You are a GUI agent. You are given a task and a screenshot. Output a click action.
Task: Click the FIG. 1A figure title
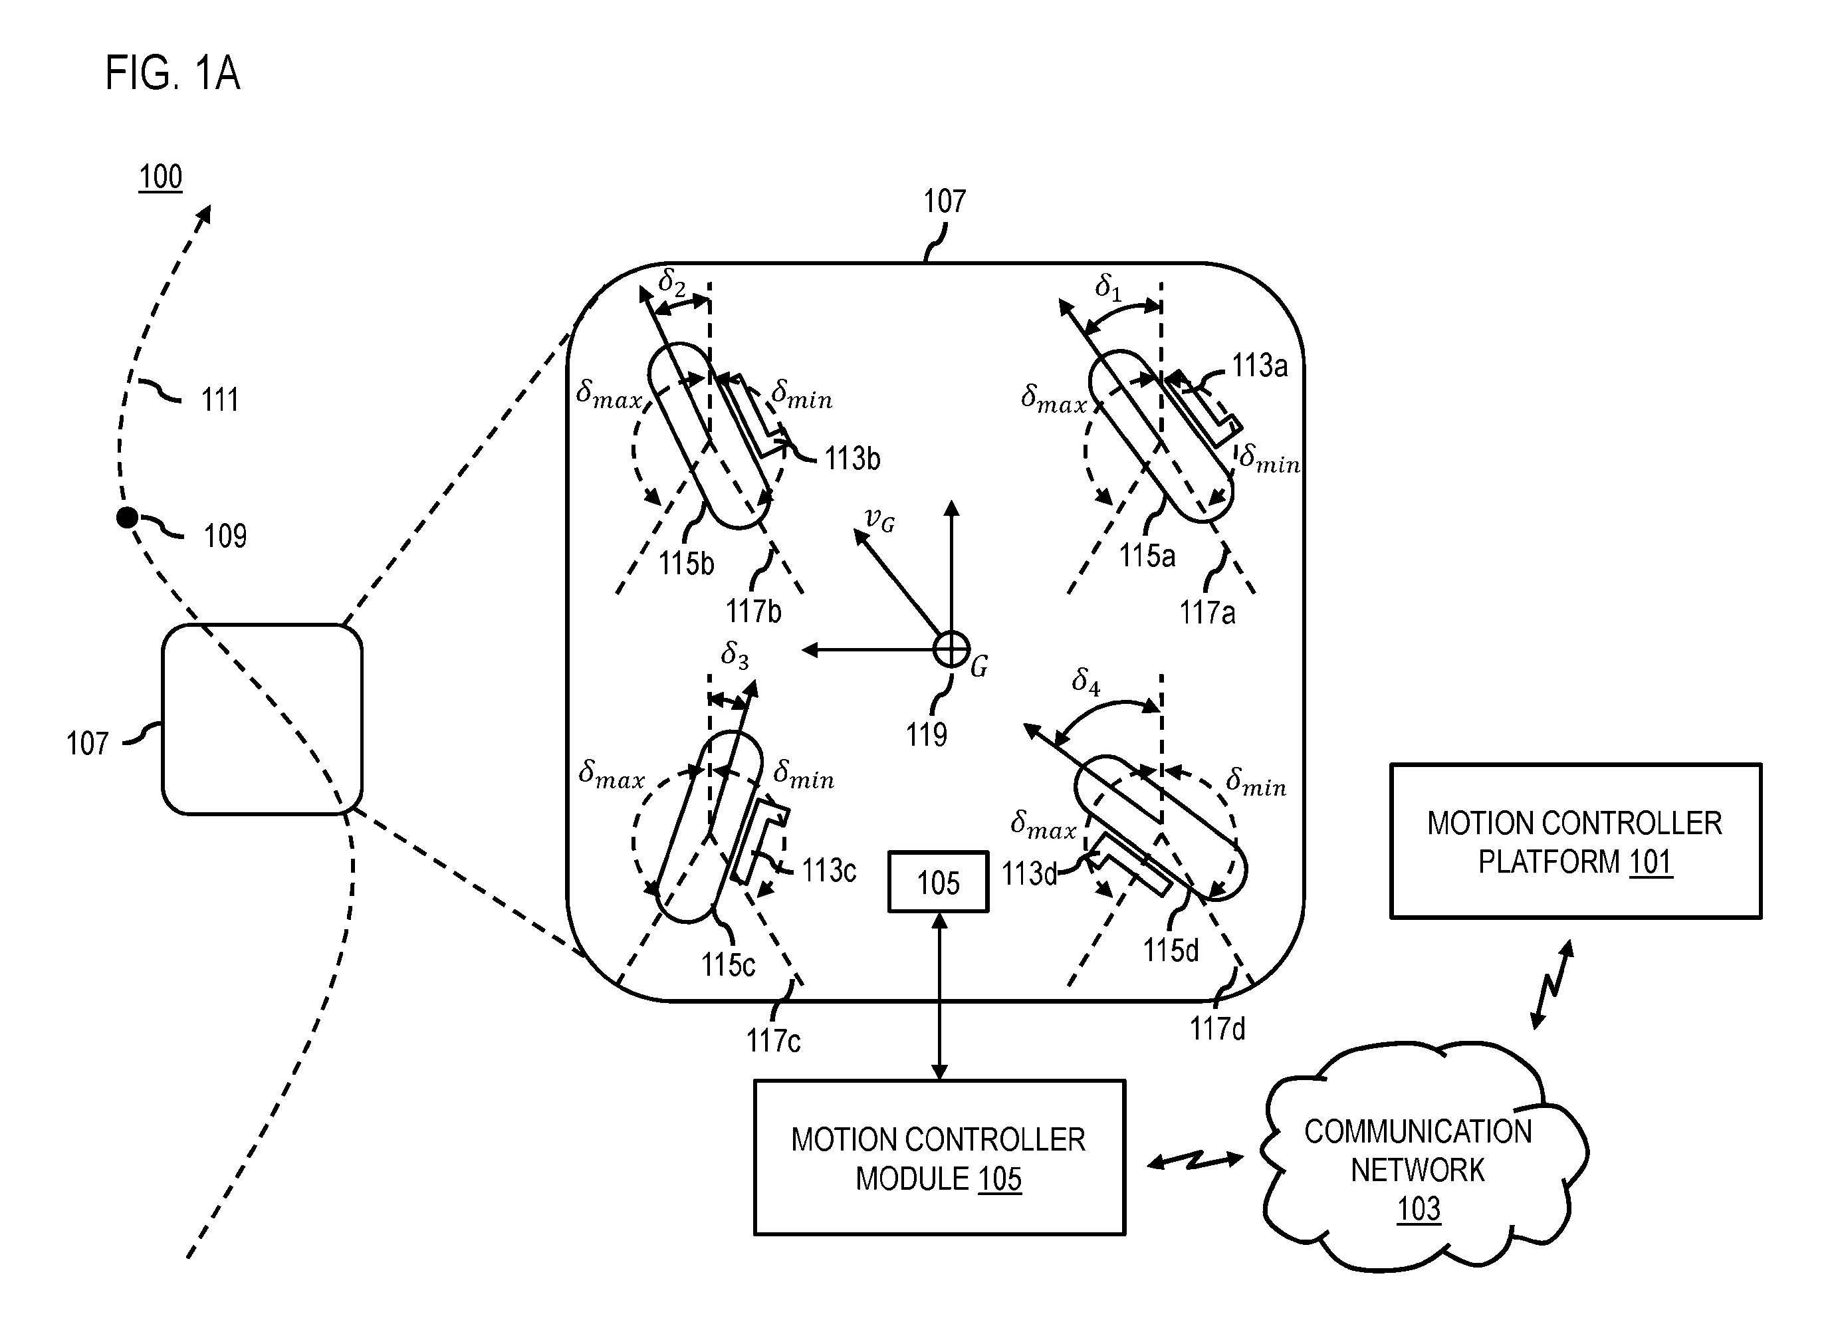tap(172, 73)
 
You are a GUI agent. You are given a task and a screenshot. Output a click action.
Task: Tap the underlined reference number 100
tap(160, 177)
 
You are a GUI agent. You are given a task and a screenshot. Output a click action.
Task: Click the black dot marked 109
tap(127, 518)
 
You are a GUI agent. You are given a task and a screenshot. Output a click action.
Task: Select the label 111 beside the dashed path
tap(219, 399)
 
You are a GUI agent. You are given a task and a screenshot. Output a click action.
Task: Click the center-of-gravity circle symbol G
tap(952, 649)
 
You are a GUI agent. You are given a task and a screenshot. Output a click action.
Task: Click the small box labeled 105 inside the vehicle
tap(938, 881)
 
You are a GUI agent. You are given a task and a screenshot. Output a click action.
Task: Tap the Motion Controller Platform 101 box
tap(1575, 841)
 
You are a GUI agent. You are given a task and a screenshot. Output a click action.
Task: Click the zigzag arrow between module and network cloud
tap(1195, 1161)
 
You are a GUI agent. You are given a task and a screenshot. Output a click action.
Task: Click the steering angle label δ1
tap(1109, 287)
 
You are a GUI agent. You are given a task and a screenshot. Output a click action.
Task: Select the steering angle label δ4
tap(1086, 681)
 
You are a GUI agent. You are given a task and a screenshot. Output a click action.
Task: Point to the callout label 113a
tap(1259, 366)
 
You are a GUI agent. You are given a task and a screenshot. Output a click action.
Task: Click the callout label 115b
tap(686, 563)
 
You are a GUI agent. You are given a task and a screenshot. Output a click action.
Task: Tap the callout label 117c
tap(773, 1040)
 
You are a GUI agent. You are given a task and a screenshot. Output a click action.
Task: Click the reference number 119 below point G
tap(926, 734)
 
